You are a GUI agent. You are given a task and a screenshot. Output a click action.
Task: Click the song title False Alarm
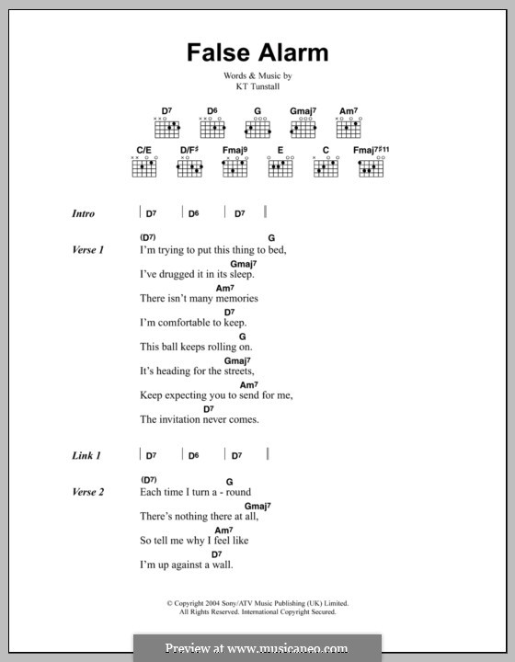257,52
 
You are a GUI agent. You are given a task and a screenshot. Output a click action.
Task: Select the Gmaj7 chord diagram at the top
303,125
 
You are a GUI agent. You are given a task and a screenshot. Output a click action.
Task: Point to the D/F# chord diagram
189,166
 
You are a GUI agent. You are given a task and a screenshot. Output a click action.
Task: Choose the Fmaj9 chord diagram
235,166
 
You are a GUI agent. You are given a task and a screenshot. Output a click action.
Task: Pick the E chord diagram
280,166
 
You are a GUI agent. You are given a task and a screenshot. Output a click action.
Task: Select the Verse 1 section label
88,249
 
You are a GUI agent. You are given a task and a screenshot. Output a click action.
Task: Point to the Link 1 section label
86,455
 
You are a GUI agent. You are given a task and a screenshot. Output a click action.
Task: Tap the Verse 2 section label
88,492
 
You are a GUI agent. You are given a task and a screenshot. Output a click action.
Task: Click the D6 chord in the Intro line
193,213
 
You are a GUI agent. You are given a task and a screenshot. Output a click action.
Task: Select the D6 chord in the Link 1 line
193,455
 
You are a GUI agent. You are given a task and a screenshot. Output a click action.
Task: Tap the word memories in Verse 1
235,298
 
